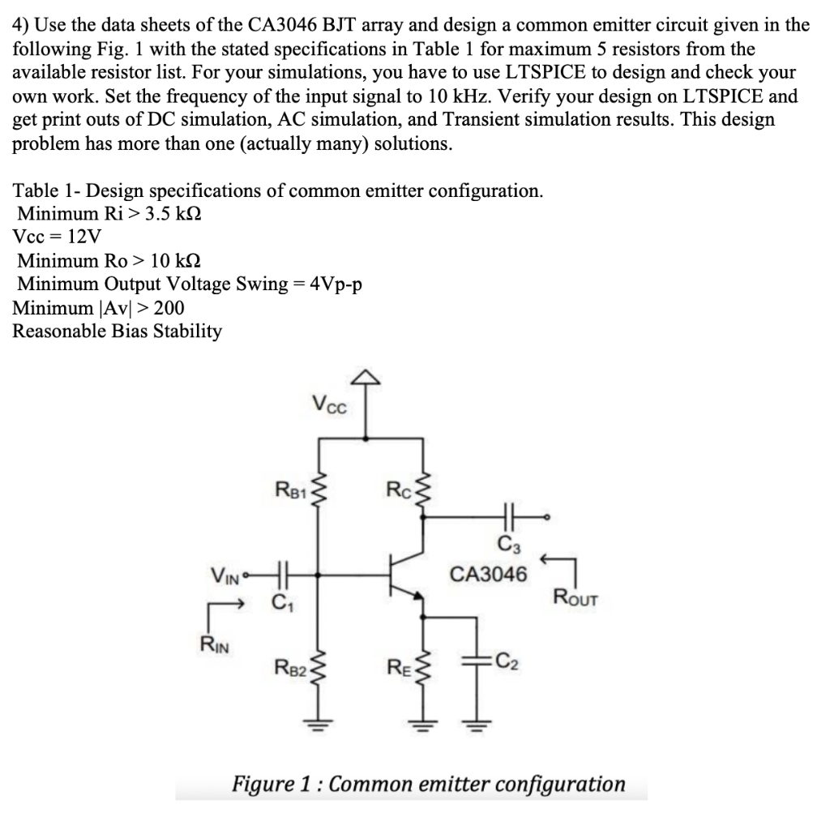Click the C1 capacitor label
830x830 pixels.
coord(280,602)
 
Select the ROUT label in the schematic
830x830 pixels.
coord(576,599)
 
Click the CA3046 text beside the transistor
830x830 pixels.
coord(490,575)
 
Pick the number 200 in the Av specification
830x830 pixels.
coord(168,308)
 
